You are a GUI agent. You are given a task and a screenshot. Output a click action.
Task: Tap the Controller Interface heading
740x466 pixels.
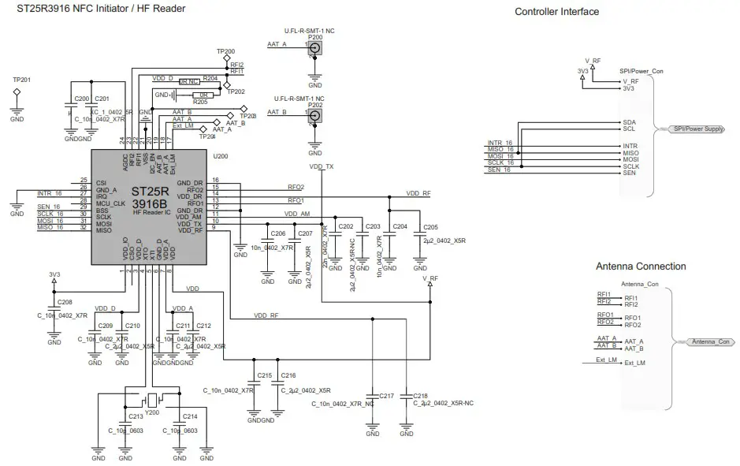tap(556, 12)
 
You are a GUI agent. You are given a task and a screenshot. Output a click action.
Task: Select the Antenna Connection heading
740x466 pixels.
tap(640, 267)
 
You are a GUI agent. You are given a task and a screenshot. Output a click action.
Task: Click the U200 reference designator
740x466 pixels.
tap(221, 156)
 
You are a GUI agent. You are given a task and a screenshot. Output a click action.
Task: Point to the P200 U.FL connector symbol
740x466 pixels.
tap(315, 50)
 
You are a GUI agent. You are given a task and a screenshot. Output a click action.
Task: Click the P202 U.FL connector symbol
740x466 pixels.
tap(315, 117)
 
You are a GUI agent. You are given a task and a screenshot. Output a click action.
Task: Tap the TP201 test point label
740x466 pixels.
tap(22, 80)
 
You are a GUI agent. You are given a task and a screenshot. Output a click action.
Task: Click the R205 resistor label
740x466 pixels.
tap(200, 102)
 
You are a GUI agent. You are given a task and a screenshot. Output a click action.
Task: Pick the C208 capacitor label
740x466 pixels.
tap(65, 302)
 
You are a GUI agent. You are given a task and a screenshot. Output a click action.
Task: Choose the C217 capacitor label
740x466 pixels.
tap(387, 395)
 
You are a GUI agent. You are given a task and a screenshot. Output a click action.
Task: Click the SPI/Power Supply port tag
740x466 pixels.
tap(697, 129)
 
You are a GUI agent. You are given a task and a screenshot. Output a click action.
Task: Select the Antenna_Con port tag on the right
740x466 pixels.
tap(712, 341)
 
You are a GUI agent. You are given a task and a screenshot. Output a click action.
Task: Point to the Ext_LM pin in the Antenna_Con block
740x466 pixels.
tap(634, 363)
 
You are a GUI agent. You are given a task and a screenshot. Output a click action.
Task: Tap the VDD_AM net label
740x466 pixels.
tap(297, 214)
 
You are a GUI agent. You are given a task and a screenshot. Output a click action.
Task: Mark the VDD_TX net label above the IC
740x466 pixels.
tap(322, 166)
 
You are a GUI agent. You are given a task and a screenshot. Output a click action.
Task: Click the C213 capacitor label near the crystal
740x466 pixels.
tap(136, 416)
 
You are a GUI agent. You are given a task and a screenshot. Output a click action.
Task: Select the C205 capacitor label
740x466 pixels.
tap(430, 227)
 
